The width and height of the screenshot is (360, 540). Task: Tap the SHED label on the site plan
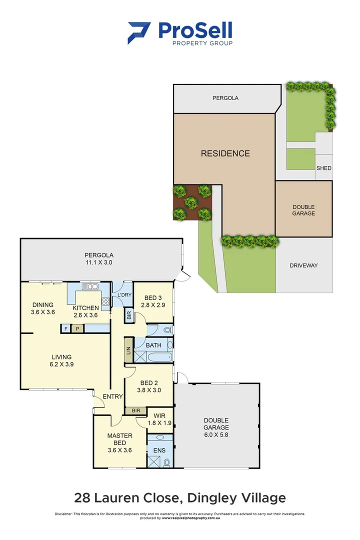click(x=323, y=168)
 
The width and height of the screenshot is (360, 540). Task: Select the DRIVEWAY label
click(x=303, y=265)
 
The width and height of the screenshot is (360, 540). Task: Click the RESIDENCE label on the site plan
click(x=225, y=153)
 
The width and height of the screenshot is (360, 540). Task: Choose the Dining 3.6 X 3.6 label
click(x=43, y=308)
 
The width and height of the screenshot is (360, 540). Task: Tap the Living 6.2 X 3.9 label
click(x=62, y=360)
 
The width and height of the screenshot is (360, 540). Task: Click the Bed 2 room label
click(x=149, y=386)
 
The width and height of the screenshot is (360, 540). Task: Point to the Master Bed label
click(x=120, y=439)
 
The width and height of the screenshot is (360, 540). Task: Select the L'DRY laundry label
click(x=124, y=295)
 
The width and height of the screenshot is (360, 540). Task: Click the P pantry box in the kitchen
click(x=77, y=328)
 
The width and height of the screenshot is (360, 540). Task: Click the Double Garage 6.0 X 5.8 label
click(x=216, y=424)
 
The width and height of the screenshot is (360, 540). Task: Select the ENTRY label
click(x=112, y=396)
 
